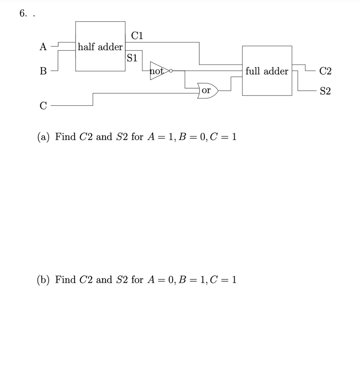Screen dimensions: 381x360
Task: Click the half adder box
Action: pyautogui.click(x=100, y=47)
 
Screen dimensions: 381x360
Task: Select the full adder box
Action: pyautogui.click(x=267, y=71)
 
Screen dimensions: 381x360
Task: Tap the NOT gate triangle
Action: pyautogui.click(x=158, y=70)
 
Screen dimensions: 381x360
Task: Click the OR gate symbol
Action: pyautogui.click(x=208, y=90)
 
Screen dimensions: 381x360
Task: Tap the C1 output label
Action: pyautogui.click(x=137, y=36)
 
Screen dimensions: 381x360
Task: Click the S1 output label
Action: pyautogui.click(x=132, y=58)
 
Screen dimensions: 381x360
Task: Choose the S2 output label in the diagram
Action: pyautogui.click(x=325, y=91)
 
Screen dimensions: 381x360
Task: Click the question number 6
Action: pyautogui.click(x=23, y=14)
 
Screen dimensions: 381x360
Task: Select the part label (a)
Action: pyautogui.click(x=44, y=137)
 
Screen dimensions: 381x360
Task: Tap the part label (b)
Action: pyautogui.click(x=44, y=279)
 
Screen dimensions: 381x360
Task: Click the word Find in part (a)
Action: pyautogui.click(x=65, y=137)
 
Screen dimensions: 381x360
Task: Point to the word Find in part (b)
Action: pyautogui.click(x=65, y=279)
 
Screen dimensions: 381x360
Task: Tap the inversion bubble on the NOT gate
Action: pyautogui.click(x=171, y=70)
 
